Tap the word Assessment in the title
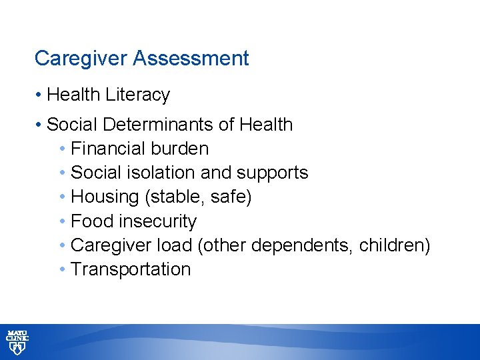[x=191, y=59]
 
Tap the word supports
[x=272, y=173]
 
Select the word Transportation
[x=131, y=269]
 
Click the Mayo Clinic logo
[x=17, y=342]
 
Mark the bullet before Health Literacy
[x=39, y=95]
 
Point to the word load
[x=175, y=245]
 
